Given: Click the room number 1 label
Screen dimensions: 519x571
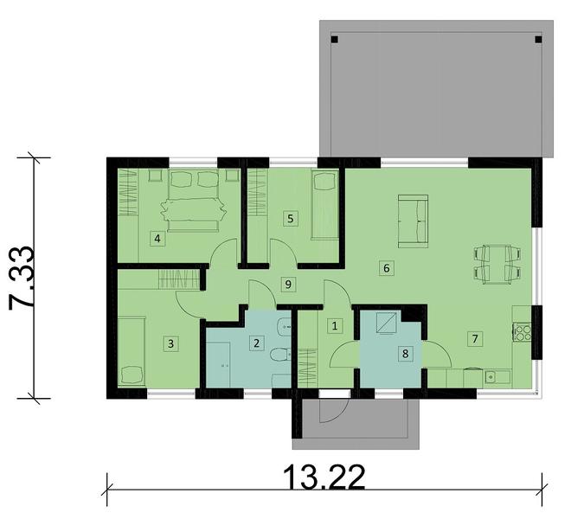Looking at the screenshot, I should (336, 326).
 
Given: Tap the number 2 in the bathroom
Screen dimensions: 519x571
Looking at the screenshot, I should (256, 343).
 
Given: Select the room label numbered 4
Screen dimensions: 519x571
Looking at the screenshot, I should (157, 238).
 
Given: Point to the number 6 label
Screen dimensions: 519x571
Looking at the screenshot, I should (386, 268).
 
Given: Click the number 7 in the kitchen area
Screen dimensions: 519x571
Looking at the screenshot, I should (473, 338).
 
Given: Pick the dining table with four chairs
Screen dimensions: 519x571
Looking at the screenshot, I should (497, 263).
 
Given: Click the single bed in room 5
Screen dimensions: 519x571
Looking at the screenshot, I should (324, 206).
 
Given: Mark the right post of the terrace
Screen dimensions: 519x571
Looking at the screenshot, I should (536, 39).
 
